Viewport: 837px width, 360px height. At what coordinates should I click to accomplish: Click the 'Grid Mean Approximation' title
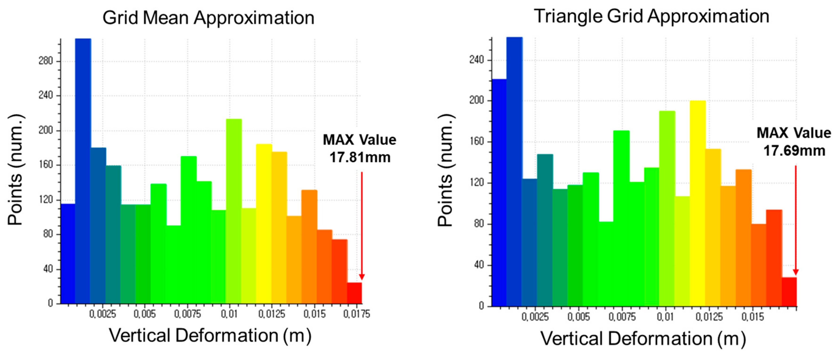click(208, 18)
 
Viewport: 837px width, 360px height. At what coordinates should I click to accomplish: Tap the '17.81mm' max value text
click(360, 157)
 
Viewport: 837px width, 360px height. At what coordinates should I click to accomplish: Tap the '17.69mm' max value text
click(794, 151)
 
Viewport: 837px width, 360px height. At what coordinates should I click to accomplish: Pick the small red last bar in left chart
click(354, 293)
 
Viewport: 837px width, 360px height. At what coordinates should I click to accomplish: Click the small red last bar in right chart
click(789, 291)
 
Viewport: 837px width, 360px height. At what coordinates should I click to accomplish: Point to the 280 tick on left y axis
click(46, 61)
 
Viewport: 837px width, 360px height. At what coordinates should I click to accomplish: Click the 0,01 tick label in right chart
click(665, 317)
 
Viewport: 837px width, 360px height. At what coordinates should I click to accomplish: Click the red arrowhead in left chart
click(362, 277)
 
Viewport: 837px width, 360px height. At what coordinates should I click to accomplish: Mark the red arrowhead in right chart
click(795, 272)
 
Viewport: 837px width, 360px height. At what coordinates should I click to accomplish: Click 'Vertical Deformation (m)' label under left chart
click(210, 336)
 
